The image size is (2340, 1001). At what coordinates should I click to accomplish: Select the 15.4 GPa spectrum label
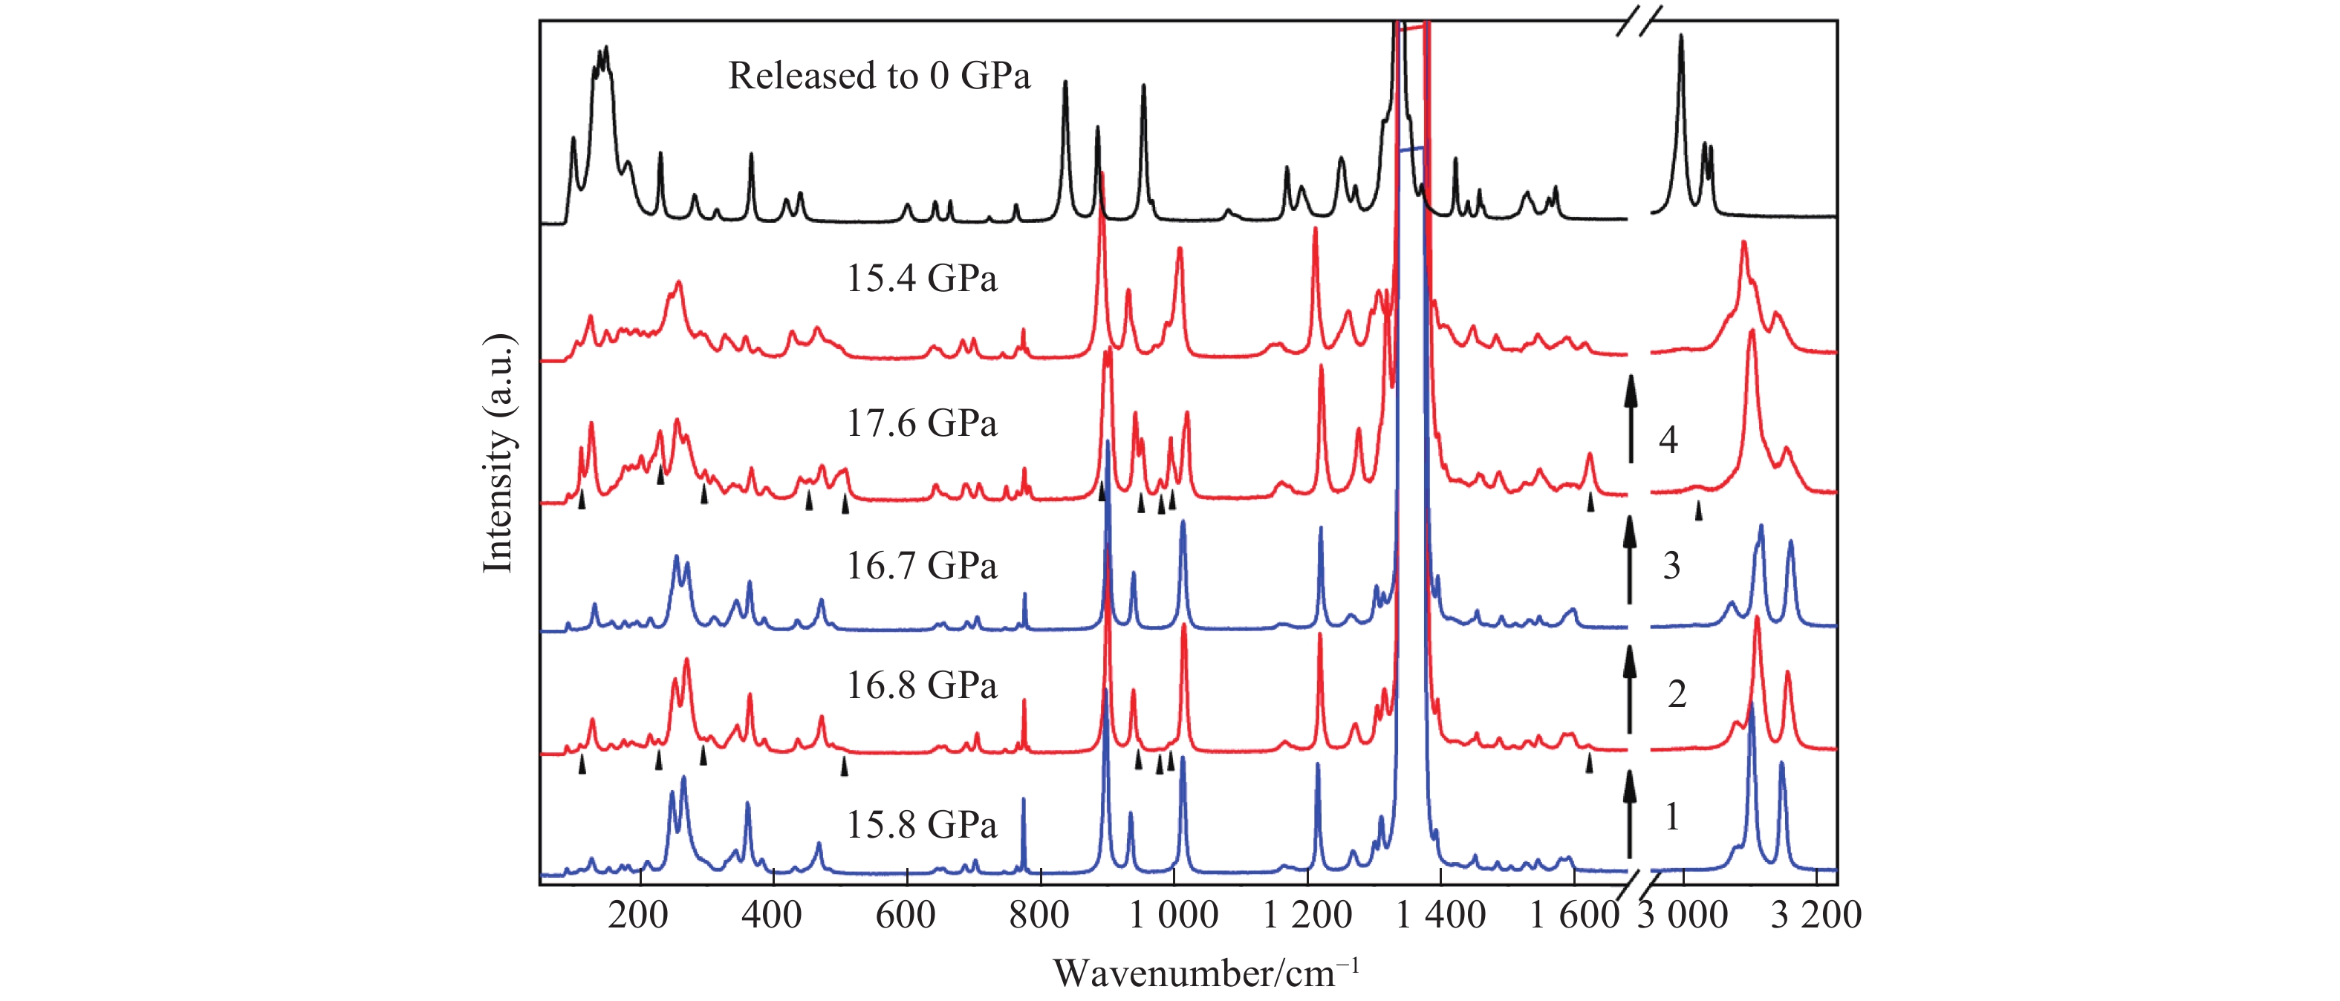tap(921, 278)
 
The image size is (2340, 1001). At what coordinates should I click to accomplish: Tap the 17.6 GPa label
tap(921, 423)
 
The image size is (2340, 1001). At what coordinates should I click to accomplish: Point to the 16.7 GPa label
tap(921, 566)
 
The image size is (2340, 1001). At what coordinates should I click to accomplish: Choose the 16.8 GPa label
tap(921, 685)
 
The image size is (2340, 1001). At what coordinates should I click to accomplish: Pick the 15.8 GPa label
tap(921, 825)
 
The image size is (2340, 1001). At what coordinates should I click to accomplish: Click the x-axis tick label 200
tap(639, 915)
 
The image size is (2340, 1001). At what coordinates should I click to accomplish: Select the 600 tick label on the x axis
tap(906, 915)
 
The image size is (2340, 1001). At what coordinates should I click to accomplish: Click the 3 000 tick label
tap(1683, 915)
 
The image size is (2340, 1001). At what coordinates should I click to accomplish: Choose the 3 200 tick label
tap(1816, 915)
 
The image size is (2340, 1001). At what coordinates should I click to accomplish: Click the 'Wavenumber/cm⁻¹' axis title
tap(1206, 973)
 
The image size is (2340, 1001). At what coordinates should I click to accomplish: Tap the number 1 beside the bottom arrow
tap(1671, 817)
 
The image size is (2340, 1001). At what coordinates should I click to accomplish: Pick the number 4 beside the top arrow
tap(1668, 440)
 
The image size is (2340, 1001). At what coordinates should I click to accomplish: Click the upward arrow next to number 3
tap(1630, 558)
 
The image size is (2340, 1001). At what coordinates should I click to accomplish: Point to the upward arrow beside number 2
tap(1630, 688)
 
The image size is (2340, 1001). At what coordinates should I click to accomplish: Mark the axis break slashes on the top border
tap(1639, 21)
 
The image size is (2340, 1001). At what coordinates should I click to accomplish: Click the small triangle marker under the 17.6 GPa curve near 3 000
tap(1697, 512)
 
